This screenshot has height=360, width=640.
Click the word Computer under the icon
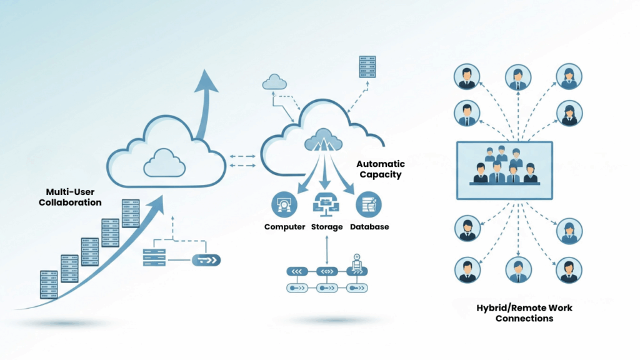284,227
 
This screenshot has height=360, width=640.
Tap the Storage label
327,227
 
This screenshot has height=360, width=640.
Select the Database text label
369,227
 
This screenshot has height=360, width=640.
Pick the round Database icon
367,204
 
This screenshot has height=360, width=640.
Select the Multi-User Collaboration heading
69,197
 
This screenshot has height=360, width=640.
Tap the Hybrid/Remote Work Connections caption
524,313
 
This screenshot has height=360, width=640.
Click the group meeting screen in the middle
505,170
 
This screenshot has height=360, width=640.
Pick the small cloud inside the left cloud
164,164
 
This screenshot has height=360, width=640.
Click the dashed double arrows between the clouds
242,161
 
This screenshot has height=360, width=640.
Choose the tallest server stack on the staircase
130,213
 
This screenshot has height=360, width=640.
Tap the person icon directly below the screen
517,269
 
